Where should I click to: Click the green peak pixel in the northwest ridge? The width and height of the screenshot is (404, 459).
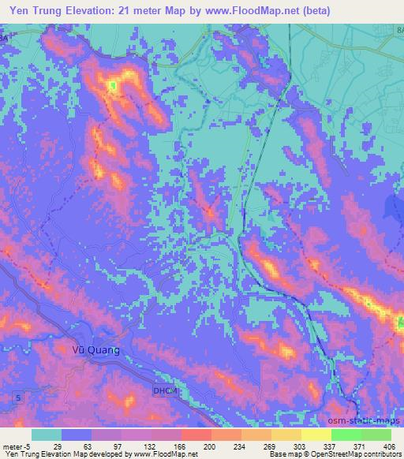coord(113,85)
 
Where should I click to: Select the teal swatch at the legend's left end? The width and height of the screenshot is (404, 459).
coord(47,435)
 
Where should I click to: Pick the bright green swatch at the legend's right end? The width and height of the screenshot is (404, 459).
coord(376,435)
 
